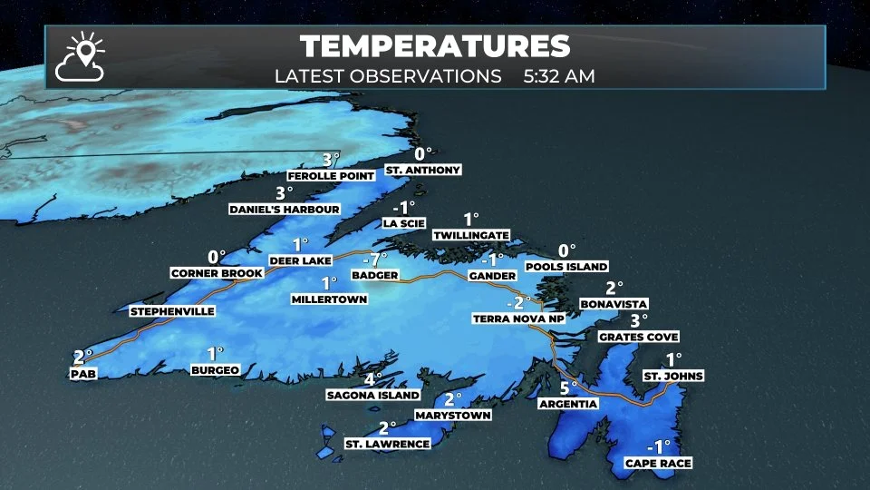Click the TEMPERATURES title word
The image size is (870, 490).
coord(435,46)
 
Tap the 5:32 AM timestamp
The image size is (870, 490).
coord(559,75)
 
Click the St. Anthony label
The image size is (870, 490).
coord(423,170)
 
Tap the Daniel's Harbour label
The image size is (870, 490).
coord(285,210)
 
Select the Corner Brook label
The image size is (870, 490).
coord(217,272)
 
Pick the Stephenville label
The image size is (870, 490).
coord(172,311)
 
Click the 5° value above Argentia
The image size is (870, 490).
coord(568,387)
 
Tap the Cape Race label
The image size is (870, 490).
coord(658,464)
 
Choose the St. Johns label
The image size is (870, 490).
coord(673,376)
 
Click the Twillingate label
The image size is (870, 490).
coord(470,235)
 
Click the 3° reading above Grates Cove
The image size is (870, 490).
coord(640,320)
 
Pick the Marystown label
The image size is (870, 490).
coord(453,415)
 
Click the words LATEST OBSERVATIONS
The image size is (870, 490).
coord(389,75)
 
